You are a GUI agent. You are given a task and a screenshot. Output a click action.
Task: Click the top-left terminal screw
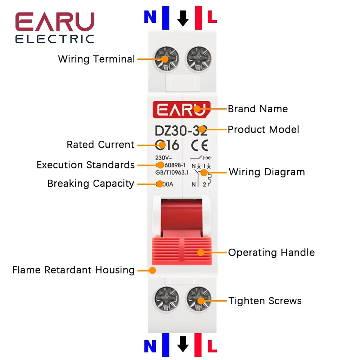[x=166, y=59]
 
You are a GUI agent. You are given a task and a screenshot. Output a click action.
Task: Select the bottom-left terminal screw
[x=166, y=300]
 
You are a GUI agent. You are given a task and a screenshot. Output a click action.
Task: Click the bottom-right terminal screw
[x=198, y=300]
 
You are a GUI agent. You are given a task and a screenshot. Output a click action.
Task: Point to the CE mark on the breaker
[x=199, y=145]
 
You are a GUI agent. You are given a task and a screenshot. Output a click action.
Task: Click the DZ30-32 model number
[x=181, y=130]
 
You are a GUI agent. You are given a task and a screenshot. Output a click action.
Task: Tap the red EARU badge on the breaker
[x=181, y=109]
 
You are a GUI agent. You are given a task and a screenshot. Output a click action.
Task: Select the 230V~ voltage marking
[x=163, y=158]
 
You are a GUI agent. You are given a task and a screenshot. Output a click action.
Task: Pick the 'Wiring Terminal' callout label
[x=96, y=59]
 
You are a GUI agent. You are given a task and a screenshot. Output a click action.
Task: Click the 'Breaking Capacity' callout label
[x=91, y=184]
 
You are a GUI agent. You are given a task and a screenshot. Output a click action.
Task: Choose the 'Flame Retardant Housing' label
[x=73, y=270]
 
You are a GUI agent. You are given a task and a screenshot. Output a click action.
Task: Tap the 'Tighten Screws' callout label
[x=265, y=301]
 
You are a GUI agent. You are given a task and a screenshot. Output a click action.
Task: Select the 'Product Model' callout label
[x=264, y=129]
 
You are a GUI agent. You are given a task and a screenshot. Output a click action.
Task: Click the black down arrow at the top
[x=183, y=18]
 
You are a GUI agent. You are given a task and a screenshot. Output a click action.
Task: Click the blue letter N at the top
[x=150, y=17]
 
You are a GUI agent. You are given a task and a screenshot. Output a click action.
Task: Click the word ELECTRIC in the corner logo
[x=54, y=39]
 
